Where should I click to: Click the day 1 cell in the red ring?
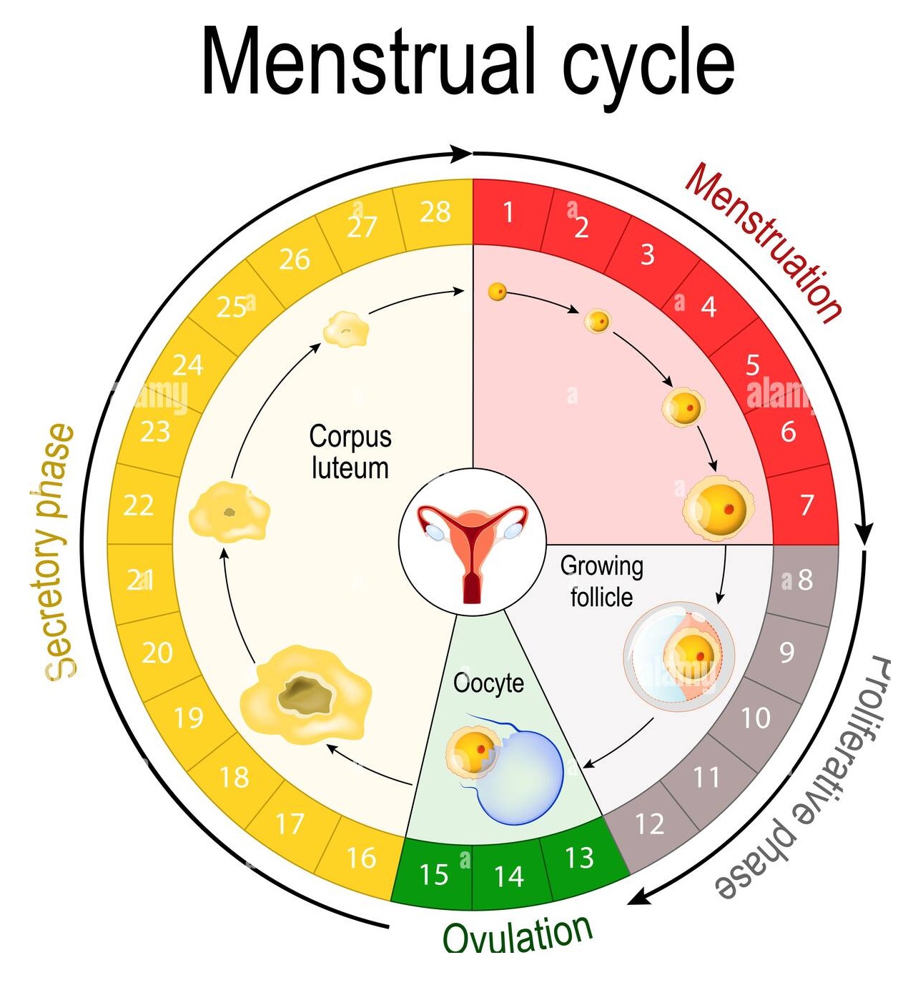(x=508, y=212)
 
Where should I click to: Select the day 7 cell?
(x=806, y=505)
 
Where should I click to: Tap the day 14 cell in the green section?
(x=508, y=876)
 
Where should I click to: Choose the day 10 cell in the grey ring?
(x=755, y=718)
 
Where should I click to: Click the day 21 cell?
(x=140, y=580)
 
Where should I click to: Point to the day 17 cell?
(x=290, y=824)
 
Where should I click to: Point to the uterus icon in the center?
(x=472, y=541)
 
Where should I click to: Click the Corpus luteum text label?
(x=350, y=452)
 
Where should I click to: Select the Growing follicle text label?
(x=601, y=581)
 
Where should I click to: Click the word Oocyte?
(x=488, y=683)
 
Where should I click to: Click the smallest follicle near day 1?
(x=498, y=292)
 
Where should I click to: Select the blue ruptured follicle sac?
(x=520, y=779)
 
